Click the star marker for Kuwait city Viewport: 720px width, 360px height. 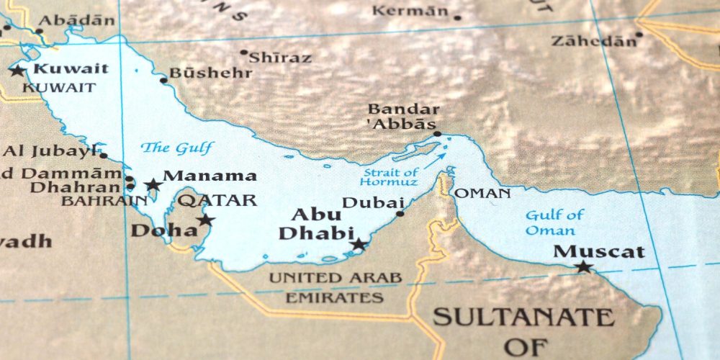pyautogui.click(x=17, y=70)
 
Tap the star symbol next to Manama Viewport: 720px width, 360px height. pyautogui.click(x=153, y=185)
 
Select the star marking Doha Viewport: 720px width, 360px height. pyautogui.click(x=206, y=220)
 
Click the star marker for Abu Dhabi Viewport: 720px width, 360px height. pyautogui.click(x=358, y=244)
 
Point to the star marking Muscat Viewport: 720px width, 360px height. pyautogui.click(x=583, y=267)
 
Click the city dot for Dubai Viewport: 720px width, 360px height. pyautogui.click(x=400, y=213)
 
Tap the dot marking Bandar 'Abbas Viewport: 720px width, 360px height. pyautogui.click(x=437, y=134)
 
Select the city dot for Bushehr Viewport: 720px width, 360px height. pyautogui.click(x=163, y=80)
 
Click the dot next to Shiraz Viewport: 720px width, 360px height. pyautogui.click(x=244, y=53)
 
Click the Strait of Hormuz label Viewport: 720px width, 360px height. pyautogui.click(x=391, y=177)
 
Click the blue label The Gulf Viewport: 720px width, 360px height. pyautogui.click(x=176, y=148)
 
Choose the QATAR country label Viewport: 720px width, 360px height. pyautogui.click(x=217, y=201)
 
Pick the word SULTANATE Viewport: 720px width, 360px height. pyautogui.click(x=523, y=317)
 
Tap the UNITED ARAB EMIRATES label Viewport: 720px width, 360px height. pyautogui.click(x=336, y=287)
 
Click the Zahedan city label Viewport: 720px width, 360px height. pyautogui.click(x=593, y=41)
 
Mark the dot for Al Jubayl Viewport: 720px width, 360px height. pyautogui.click(x=103, y=156)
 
